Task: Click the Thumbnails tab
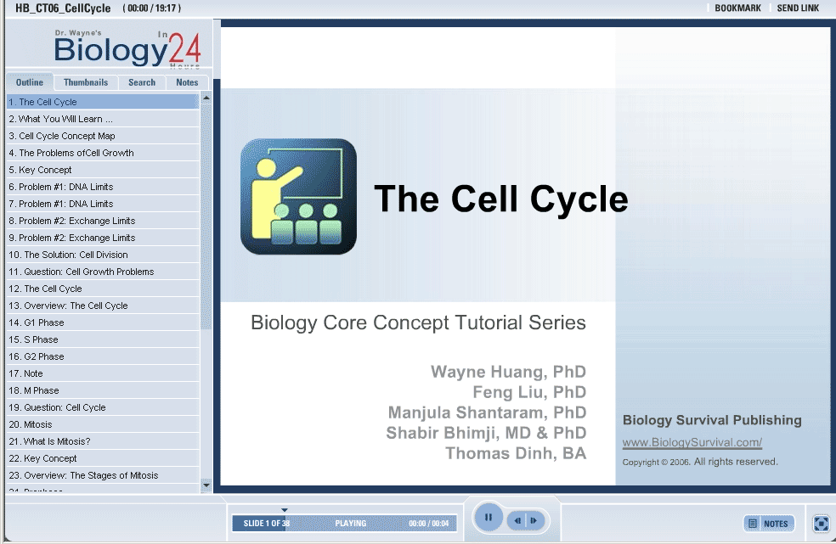pyautogui.click(x=85, y=82)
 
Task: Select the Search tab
pyautogui.click(x=142, y=82)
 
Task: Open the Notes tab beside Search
pyautogui.click(x=187, y=82)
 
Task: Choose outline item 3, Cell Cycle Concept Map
pyautogui.click(x=62, y=136)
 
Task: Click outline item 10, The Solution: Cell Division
pyautogui.click(x=68, y=255)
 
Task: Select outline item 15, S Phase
pyautogui.click(x=34, y=339)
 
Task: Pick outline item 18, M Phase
pyautogui.click(x=34, y=390)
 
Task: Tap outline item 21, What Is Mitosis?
pyautogui.click(x=49, y=441)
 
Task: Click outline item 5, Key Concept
pyautogui.click(x=40, y=170)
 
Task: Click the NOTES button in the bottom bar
pyautogui.click(x=769, y=524)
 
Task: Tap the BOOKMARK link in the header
pyautogui.click(x=738, y=8)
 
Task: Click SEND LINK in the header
pyautogui.click(x=798, y=8)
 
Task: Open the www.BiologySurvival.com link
pyautogui.click(x=692, y=442)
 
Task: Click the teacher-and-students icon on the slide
pyautogui.click(x=298, y=197)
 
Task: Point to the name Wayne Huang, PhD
pyautogui.click(x=509, y=372)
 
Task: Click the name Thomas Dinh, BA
pyautogui.click(x=516, y=453)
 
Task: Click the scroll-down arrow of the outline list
pyautogui.click(x=206, y=485)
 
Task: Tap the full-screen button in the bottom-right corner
pyautogui.click(x=822, y=524)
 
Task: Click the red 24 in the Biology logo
pyautogui.click(x=184, y=49)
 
